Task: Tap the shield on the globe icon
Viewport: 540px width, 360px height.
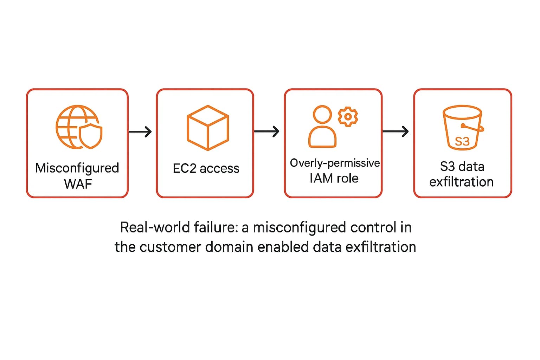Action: click(x=91, y=135)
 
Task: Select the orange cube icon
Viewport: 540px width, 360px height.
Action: click(x=207, y=128)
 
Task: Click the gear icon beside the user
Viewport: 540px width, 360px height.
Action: click(x=348, y=116)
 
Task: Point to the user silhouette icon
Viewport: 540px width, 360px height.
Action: click(x=322, y=127)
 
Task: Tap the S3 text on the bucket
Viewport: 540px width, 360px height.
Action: click(x=462, y=141)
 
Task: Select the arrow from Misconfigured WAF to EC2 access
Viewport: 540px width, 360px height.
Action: click(x=140, y=131)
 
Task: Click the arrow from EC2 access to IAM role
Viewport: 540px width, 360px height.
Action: click(x=266, y=131)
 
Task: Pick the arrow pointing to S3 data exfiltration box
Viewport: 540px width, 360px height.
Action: click(x=395, y=131)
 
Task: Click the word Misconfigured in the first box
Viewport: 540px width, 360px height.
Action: click(x=77, y=168)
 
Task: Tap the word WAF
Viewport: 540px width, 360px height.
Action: click(x=78, y=184)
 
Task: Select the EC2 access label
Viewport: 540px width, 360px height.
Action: click(x=206, y=168)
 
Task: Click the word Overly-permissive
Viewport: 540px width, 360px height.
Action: click(x=335, y=163)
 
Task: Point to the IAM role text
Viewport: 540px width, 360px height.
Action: click(x=334, y=178)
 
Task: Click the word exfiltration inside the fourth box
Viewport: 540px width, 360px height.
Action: click(x=461, y=182)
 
